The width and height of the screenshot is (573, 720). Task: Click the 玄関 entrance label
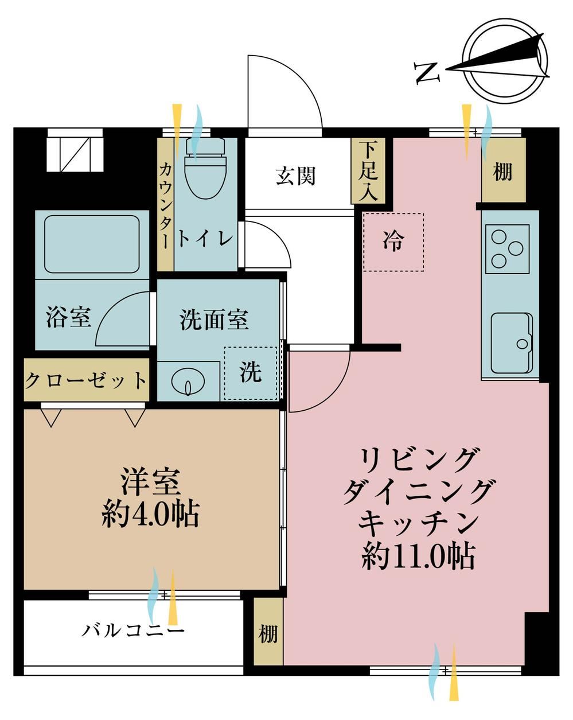[x=295, y=176]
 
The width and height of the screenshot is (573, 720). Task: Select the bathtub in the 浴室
[x=92, y=244]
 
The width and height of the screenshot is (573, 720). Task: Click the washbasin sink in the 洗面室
[x=188, y=382]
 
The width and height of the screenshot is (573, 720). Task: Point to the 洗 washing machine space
[x=251, y=373]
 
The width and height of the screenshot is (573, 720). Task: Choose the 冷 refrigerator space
[x=393, y=242]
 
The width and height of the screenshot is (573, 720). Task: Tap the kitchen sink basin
[x=512, y=343]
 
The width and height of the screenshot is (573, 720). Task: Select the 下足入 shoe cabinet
[x=368, y=170]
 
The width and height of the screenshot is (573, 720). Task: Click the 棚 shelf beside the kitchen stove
[x=504, y=170]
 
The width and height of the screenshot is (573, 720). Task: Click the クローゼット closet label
[x=86, y=380]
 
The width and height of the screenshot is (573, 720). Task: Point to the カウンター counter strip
[x=165, y=204]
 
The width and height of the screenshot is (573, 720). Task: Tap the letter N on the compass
[x=427, y=73]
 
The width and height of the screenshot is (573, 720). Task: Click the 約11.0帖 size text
[x=418, y=556]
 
